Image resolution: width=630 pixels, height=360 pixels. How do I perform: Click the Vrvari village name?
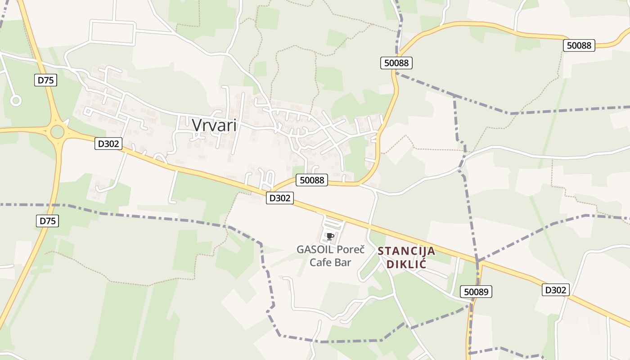click(x=214, y=125)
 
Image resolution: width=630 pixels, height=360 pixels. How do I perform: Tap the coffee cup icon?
click(x=330, y=236)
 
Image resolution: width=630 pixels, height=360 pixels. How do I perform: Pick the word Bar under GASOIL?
click(x=342, y=262)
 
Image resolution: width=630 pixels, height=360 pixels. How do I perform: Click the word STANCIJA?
click(x=406, y=251)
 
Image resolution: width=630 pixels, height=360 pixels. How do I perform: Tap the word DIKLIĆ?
click(x=406, y=264)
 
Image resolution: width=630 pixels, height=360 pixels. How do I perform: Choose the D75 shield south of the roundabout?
click(x=47, y=221)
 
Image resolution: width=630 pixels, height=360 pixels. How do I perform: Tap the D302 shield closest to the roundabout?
click(x=108, y=144)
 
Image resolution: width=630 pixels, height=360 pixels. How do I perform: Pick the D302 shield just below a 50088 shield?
click(x=280, y=198)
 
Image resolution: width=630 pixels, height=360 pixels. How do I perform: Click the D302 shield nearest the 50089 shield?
click(x=555, y=290)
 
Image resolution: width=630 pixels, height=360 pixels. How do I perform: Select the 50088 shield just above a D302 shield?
click(x=312, y=180)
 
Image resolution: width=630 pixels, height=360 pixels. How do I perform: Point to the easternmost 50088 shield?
click(x=579, y=45)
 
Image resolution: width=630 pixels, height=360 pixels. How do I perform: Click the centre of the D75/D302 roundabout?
click(x=58, y=132)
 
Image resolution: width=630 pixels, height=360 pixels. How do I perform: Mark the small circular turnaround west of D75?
click(x=16, y=100)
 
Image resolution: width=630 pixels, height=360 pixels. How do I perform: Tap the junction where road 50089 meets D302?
click(x=478, y=262)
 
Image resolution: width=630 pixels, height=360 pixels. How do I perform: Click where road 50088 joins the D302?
click(x=271, y=192)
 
